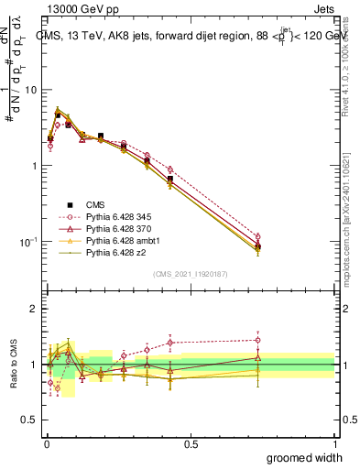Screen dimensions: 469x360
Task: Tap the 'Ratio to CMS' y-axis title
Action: coord(14,364)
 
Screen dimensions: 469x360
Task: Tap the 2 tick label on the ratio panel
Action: coord(35,309)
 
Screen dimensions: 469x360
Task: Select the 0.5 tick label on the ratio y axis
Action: coord(30,420)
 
